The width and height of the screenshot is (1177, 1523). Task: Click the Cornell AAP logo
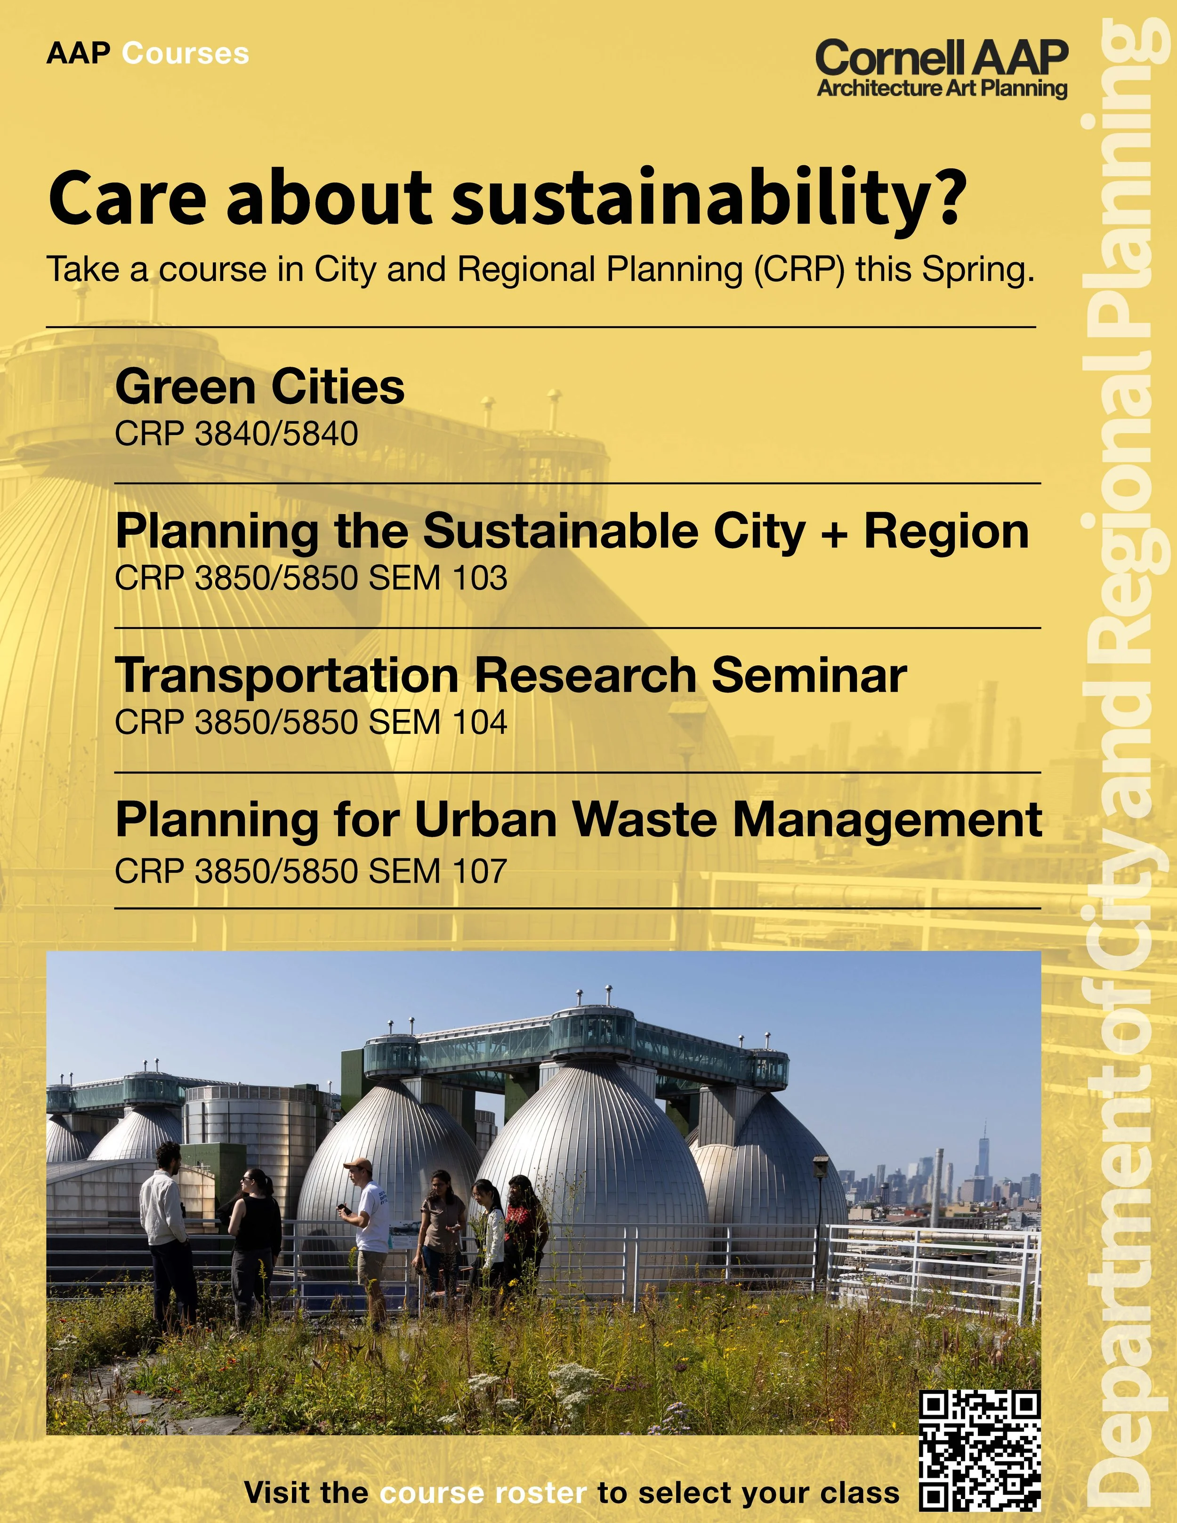[x=941, y=68]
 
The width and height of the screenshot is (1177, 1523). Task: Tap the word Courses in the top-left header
[x=185, y=54]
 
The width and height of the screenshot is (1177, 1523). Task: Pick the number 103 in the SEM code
[x=480, y=578]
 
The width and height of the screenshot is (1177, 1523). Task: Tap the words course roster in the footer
[x=483, y=1493]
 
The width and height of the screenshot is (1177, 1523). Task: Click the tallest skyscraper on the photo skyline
[x=984, y=1151]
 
